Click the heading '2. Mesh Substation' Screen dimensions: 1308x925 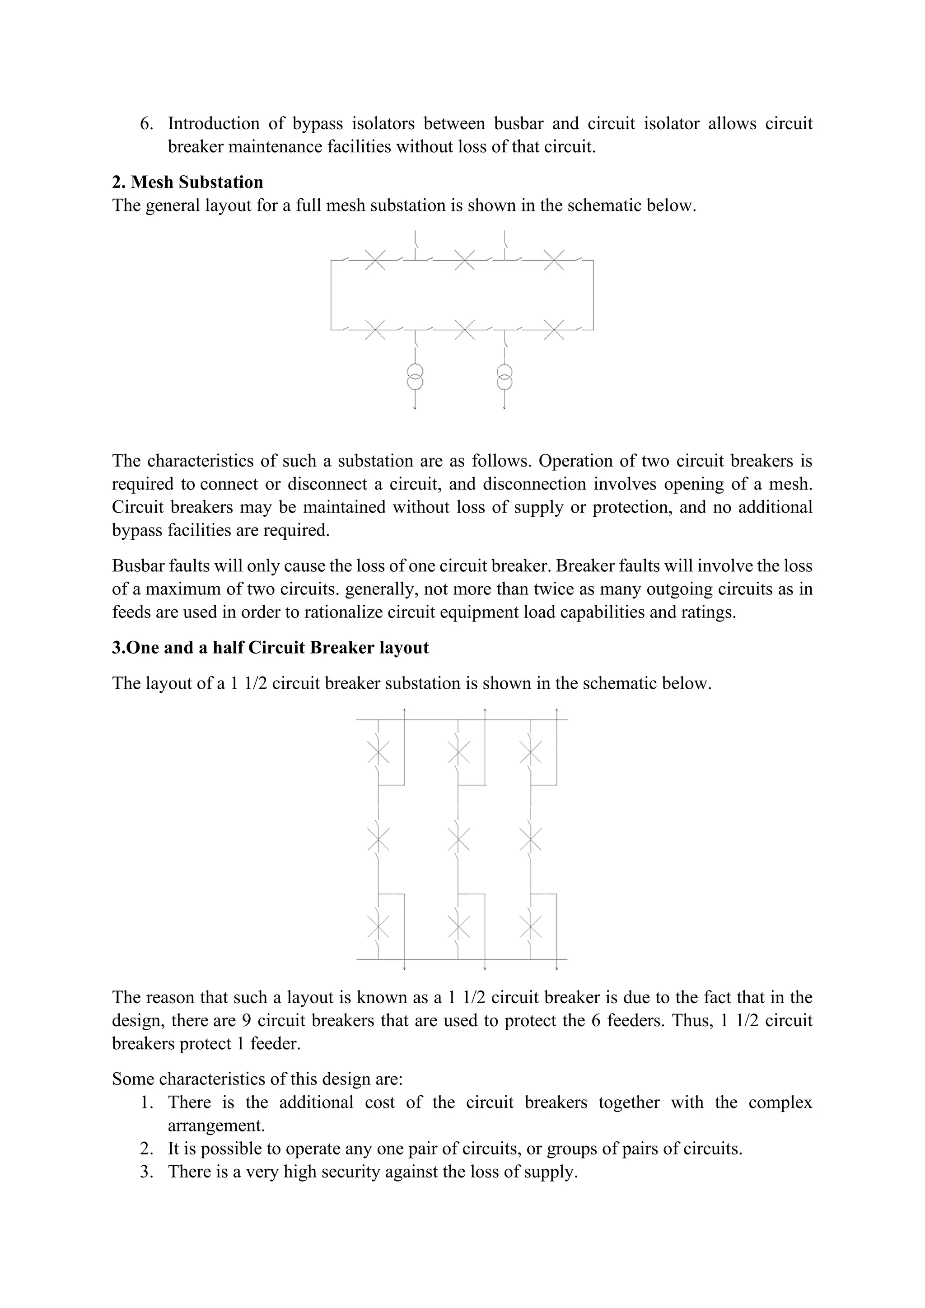pyautogui.click(x=187, y=182)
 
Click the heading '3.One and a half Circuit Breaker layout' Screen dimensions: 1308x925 pyautogui.click(x=270, y=648)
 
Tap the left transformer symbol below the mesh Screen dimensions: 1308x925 pyautogui.click(x=415, y=377)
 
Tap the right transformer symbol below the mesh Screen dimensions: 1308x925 pyautogui.click(x=505, y=377)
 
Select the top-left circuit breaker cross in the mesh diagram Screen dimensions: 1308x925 pyautogui.click(x=375, y=260)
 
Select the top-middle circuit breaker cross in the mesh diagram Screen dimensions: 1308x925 pyautogui.click(x=465, y=260)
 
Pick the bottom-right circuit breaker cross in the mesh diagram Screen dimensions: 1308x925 pyautogui.click(x=554, y=329)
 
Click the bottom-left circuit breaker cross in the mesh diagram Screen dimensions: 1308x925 pyautogui.click(x=375, y=329)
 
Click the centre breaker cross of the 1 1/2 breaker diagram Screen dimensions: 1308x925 pyautogui.click(x=458, y=839)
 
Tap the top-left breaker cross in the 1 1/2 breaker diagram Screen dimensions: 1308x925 pyautogui.click(x=378, y=752)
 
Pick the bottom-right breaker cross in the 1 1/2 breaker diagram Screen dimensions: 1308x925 pyautogui.click(x=531, y=927)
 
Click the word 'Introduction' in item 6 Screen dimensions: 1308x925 pyautogui.click(x=214, y=124)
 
